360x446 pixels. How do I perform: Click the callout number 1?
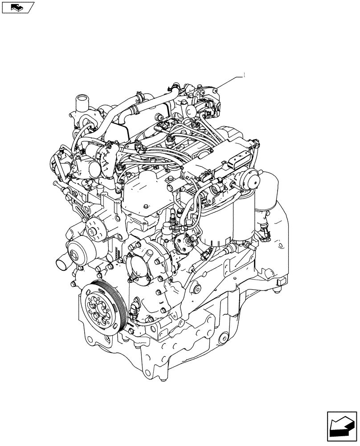pyautogui.click(x=244, y=76)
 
